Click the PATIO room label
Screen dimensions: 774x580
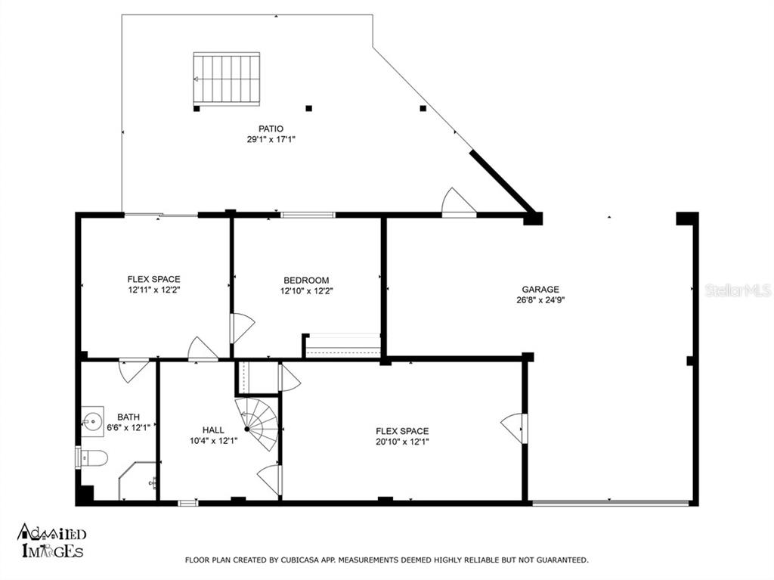click(x=271, y=129)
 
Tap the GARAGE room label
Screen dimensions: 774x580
click(x=540, y=290)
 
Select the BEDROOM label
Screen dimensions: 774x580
click(x=306, y=280)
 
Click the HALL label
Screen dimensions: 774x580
click(x=213, y=430)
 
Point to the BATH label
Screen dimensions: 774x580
click(x=128, y=417)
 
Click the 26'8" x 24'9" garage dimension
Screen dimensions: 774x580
click(x=540, y=300)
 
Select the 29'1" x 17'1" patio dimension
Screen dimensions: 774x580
click(x=271, y=139)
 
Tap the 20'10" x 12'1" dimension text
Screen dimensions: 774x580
click(x=402, y=442)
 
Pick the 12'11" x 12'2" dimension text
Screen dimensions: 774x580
click(x=154, y=290)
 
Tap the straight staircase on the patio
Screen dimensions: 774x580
click(x=227, y=79)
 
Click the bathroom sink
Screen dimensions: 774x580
click(x=92, y=422)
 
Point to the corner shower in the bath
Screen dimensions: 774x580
click(x=137, y=481)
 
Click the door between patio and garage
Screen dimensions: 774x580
click(x=458, y=203)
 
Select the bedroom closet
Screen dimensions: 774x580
click(x=342, y=345)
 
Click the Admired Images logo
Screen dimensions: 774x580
click(x=52, y=541)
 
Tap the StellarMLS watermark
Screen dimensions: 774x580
click(x=738, y=290)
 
